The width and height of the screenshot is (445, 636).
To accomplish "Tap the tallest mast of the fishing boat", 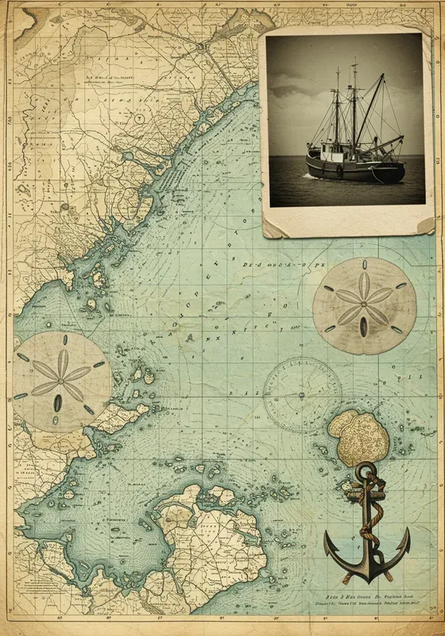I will (x=354, y=103).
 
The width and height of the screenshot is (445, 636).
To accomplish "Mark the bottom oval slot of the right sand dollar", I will (x=363, y=326).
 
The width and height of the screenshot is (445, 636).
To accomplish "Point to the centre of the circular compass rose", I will (x=302, y=394).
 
